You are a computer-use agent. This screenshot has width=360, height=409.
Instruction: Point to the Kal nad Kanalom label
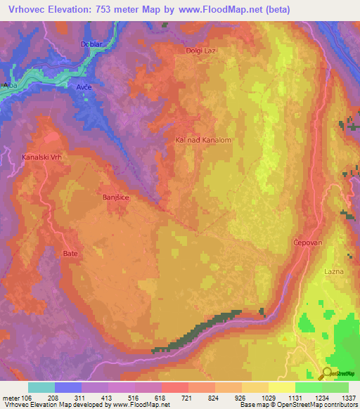(x=203, y=141)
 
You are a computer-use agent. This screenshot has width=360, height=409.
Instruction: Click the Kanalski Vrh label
(x=43, y=157)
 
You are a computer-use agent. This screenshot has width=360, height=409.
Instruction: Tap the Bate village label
(x=70, y=252)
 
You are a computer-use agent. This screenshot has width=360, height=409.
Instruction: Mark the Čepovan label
(x=307, y=242)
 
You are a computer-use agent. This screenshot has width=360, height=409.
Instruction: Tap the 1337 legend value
(x=349, y=397)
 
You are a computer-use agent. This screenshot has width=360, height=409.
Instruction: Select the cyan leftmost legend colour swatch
(x=41, y=387)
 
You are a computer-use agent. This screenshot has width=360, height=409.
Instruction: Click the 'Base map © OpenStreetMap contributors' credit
(x=297, y=405)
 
